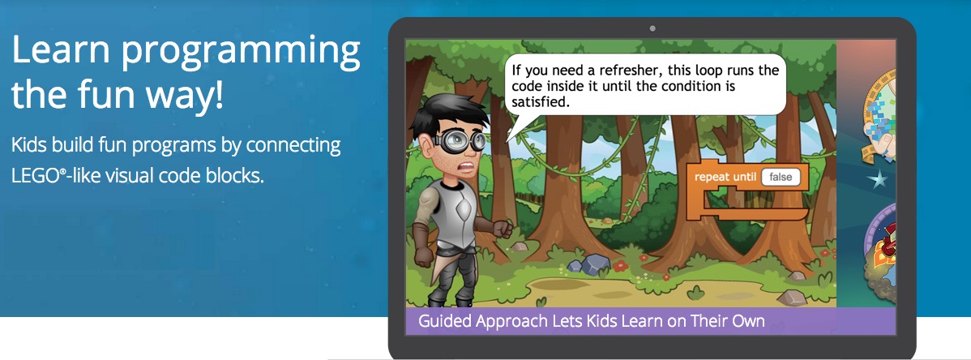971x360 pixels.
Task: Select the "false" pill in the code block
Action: [781, 178]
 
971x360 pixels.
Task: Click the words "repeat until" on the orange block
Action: [725, 178]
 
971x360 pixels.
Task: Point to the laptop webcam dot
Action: [652, 28]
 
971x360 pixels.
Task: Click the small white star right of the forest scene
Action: [877, 180]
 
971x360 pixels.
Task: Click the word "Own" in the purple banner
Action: [746, 322]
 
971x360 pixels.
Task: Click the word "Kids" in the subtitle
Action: [29, 146]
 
